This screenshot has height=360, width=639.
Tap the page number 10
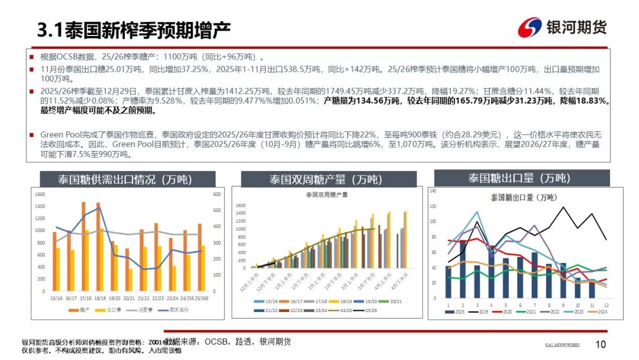(601, 345)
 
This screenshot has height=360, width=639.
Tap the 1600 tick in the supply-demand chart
(40, 195)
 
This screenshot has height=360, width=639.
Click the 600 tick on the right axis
(217, 195)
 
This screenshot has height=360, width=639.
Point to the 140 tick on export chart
(433, 191)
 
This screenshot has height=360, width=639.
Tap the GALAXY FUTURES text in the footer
(562, 345)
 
